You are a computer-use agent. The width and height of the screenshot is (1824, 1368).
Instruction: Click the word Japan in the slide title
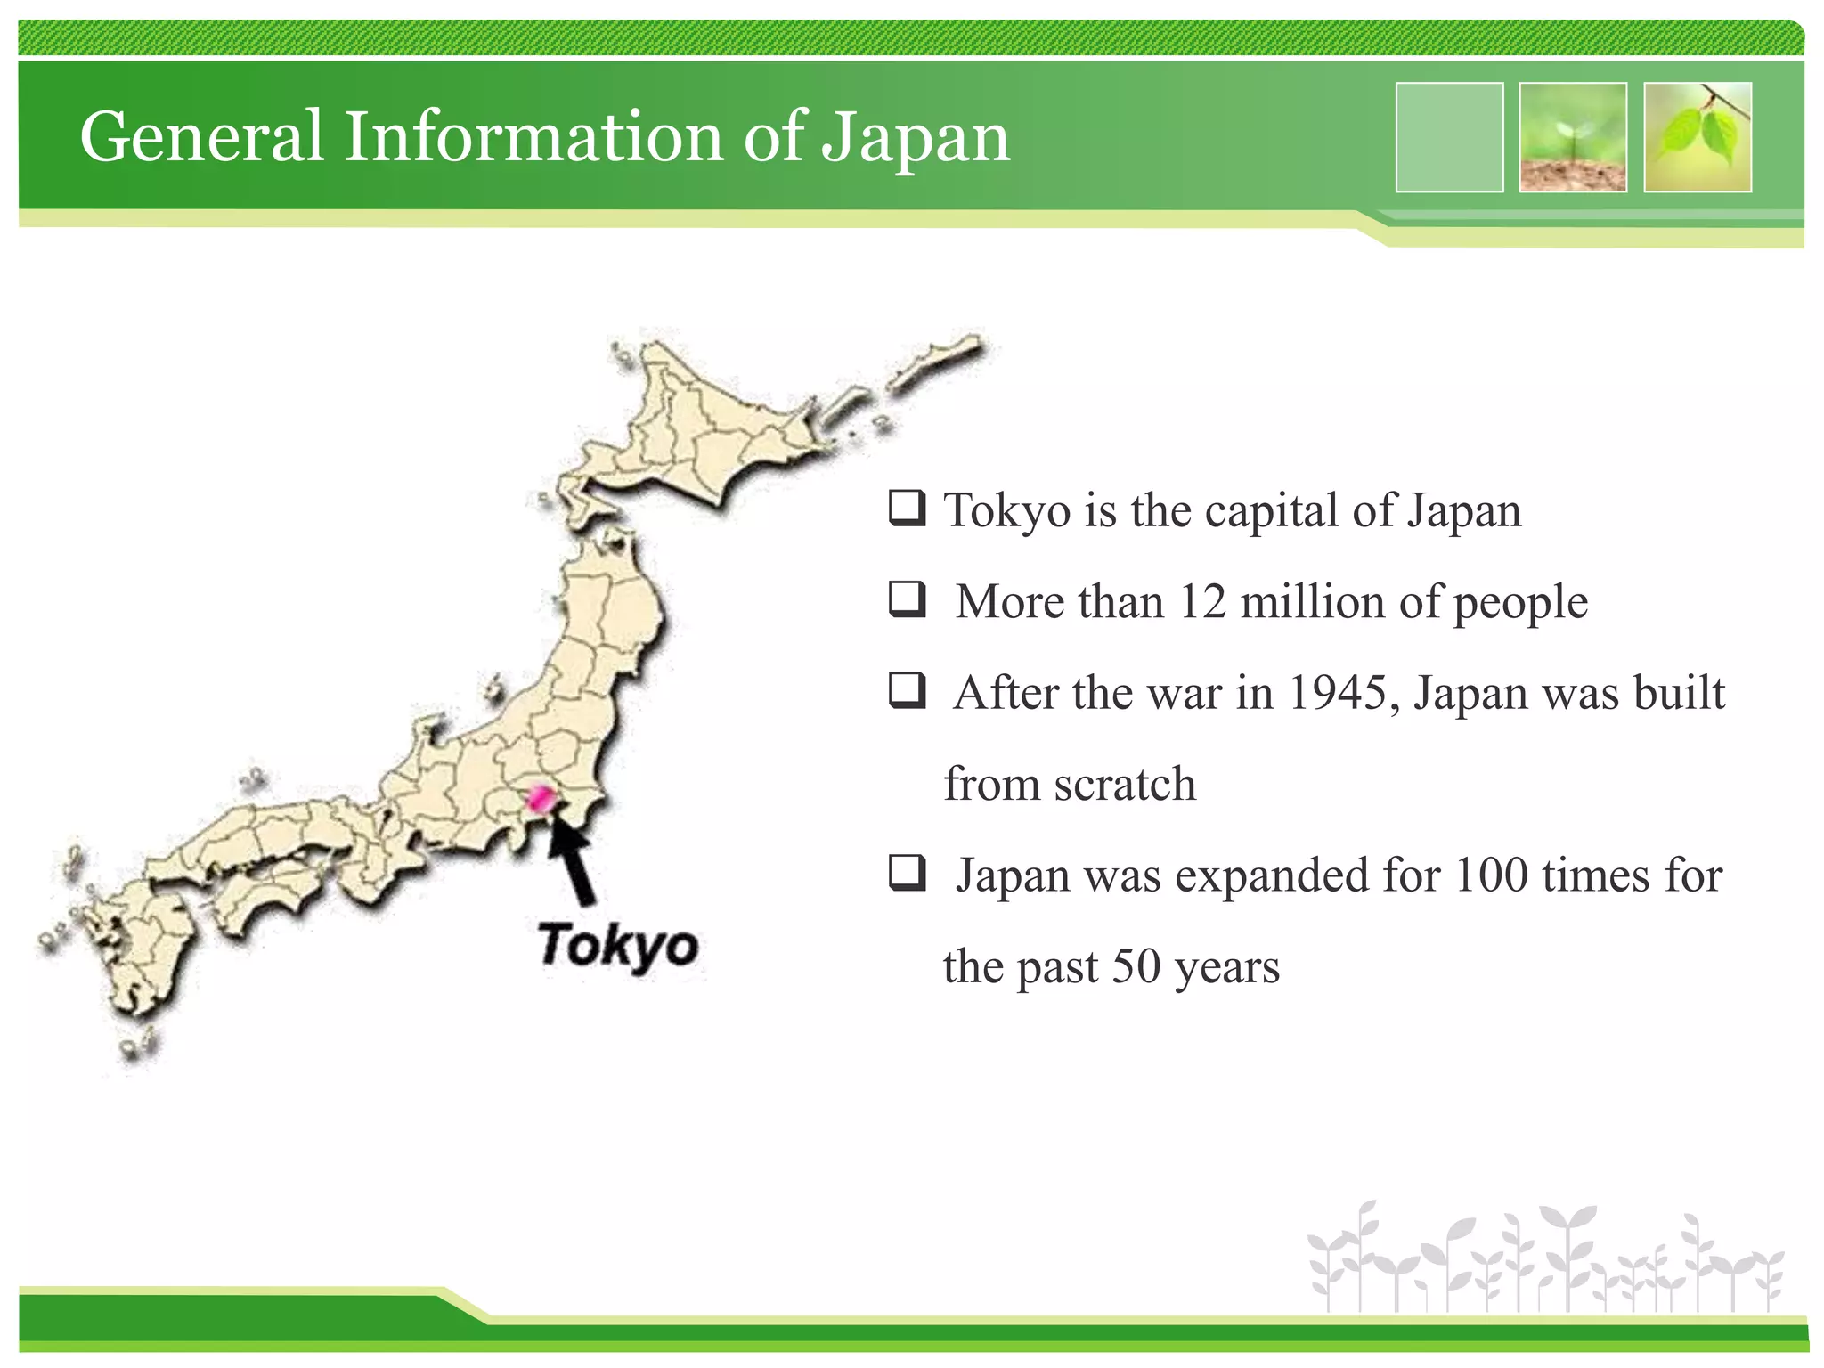tap(916, 139)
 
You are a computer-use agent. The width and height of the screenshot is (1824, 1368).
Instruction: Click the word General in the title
tap(201, 137)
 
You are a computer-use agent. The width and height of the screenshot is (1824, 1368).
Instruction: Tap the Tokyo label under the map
tap(617, 946)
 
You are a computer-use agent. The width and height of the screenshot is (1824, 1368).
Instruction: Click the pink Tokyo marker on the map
tap(540, 798)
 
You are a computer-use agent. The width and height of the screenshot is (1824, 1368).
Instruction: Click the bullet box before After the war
tap(907, 690)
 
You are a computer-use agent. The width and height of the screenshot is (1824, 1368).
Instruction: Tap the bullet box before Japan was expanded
tap(907, 873)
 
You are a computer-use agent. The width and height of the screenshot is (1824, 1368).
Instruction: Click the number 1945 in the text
tap(1337, 693)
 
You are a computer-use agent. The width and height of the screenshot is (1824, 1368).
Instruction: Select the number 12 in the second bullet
tap(1202, 602)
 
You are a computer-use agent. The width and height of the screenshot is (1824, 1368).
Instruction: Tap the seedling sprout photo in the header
tap(1573, 137)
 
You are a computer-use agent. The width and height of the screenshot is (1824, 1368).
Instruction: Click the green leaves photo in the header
tap(1698, 137)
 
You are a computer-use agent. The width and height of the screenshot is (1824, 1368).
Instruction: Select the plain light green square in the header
tap(1449, 137)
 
